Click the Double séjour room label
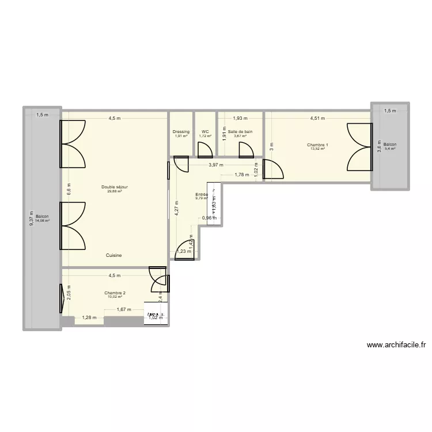tap(115, 187)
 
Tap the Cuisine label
tap(113, 255)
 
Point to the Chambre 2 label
tap(115, 293)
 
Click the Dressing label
tap(181, 132)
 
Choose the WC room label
tap(205, 132)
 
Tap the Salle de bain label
tap(240, 132)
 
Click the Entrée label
tap(202, 195)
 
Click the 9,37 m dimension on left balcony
tap(32, 218)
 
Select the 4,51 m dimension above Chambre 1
tap(317, 119)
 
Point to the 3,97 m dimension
tap(216, 165)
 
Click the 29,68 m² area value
tap(115, 191)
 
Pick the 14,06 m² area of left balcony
tap(42, 220)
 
